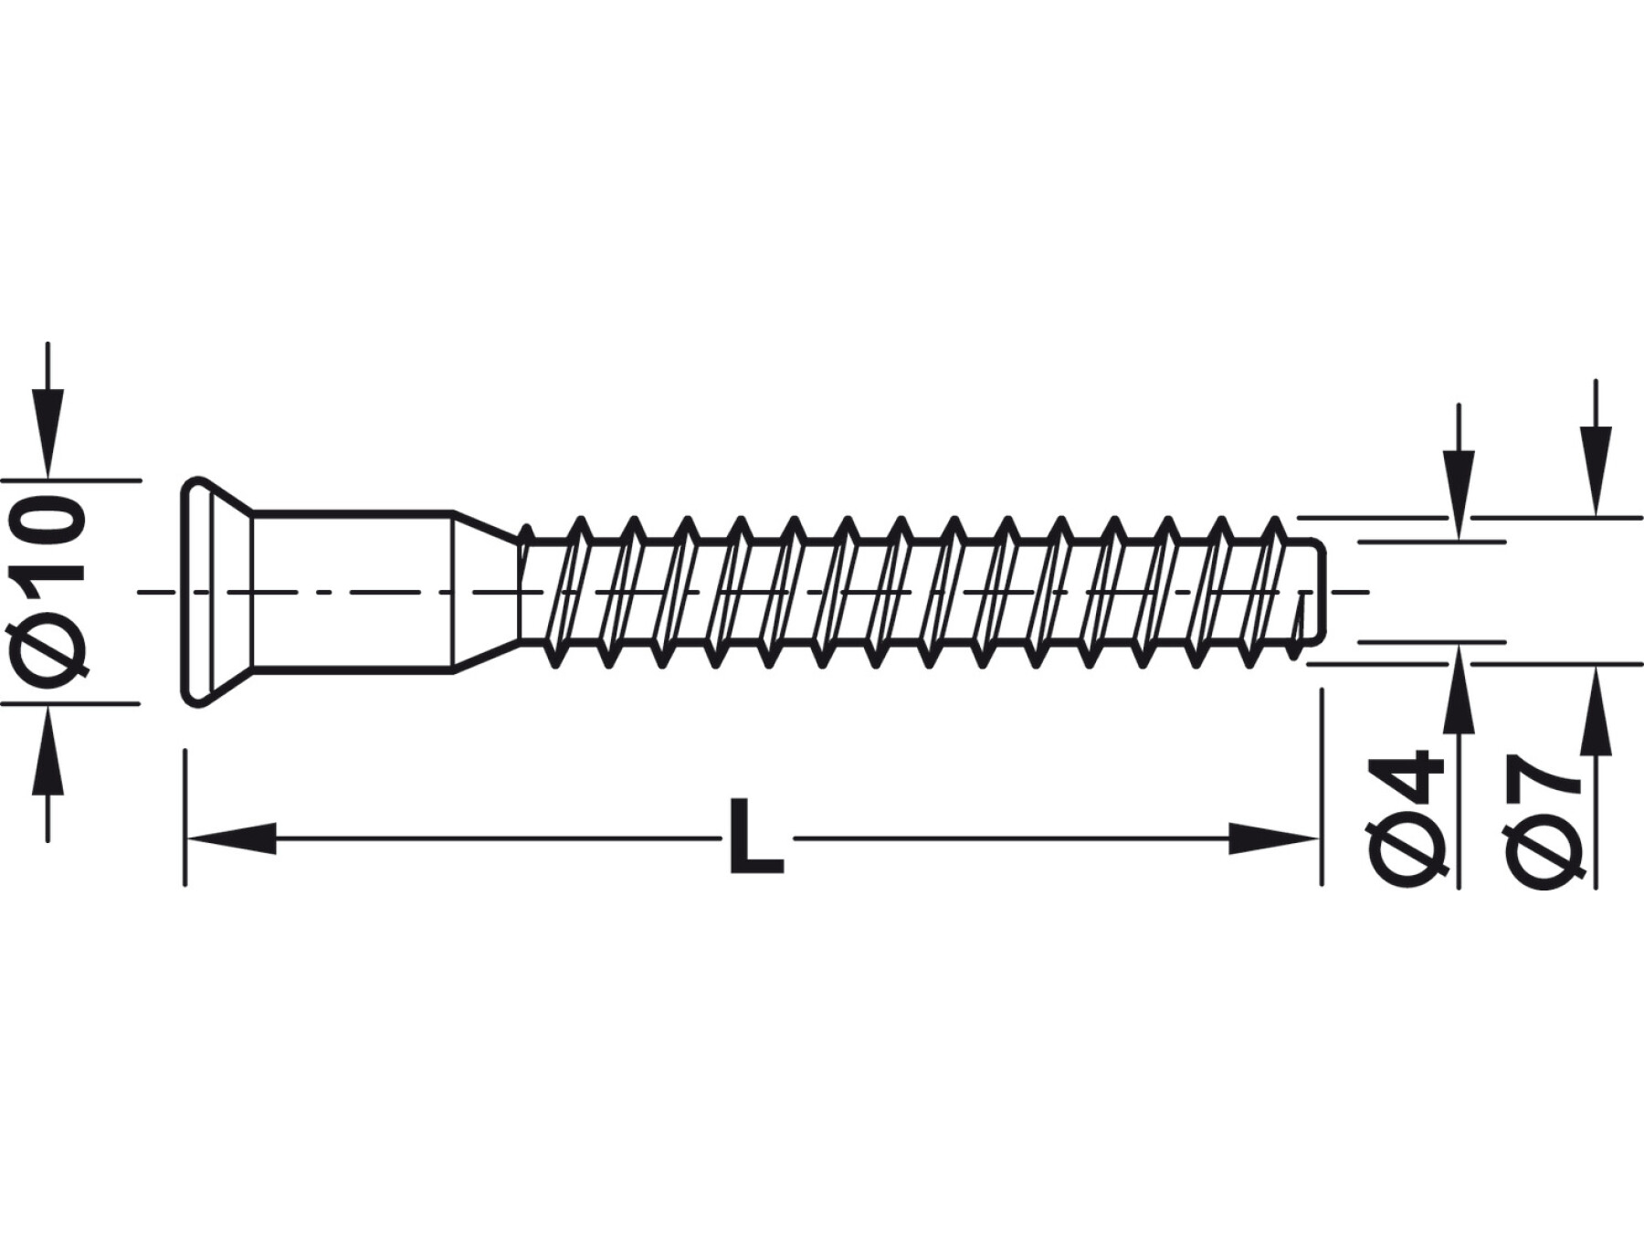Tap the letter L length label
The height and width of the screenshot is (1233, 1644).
pos(756,838)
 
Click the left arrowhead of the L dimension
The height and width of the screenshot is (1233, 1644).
pos(230,838)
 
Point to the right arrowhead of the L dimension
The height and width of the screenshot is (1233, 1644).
pos(1274,838)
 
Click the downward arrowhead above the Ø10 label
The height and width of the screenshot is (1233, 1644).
pos(47,433)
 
